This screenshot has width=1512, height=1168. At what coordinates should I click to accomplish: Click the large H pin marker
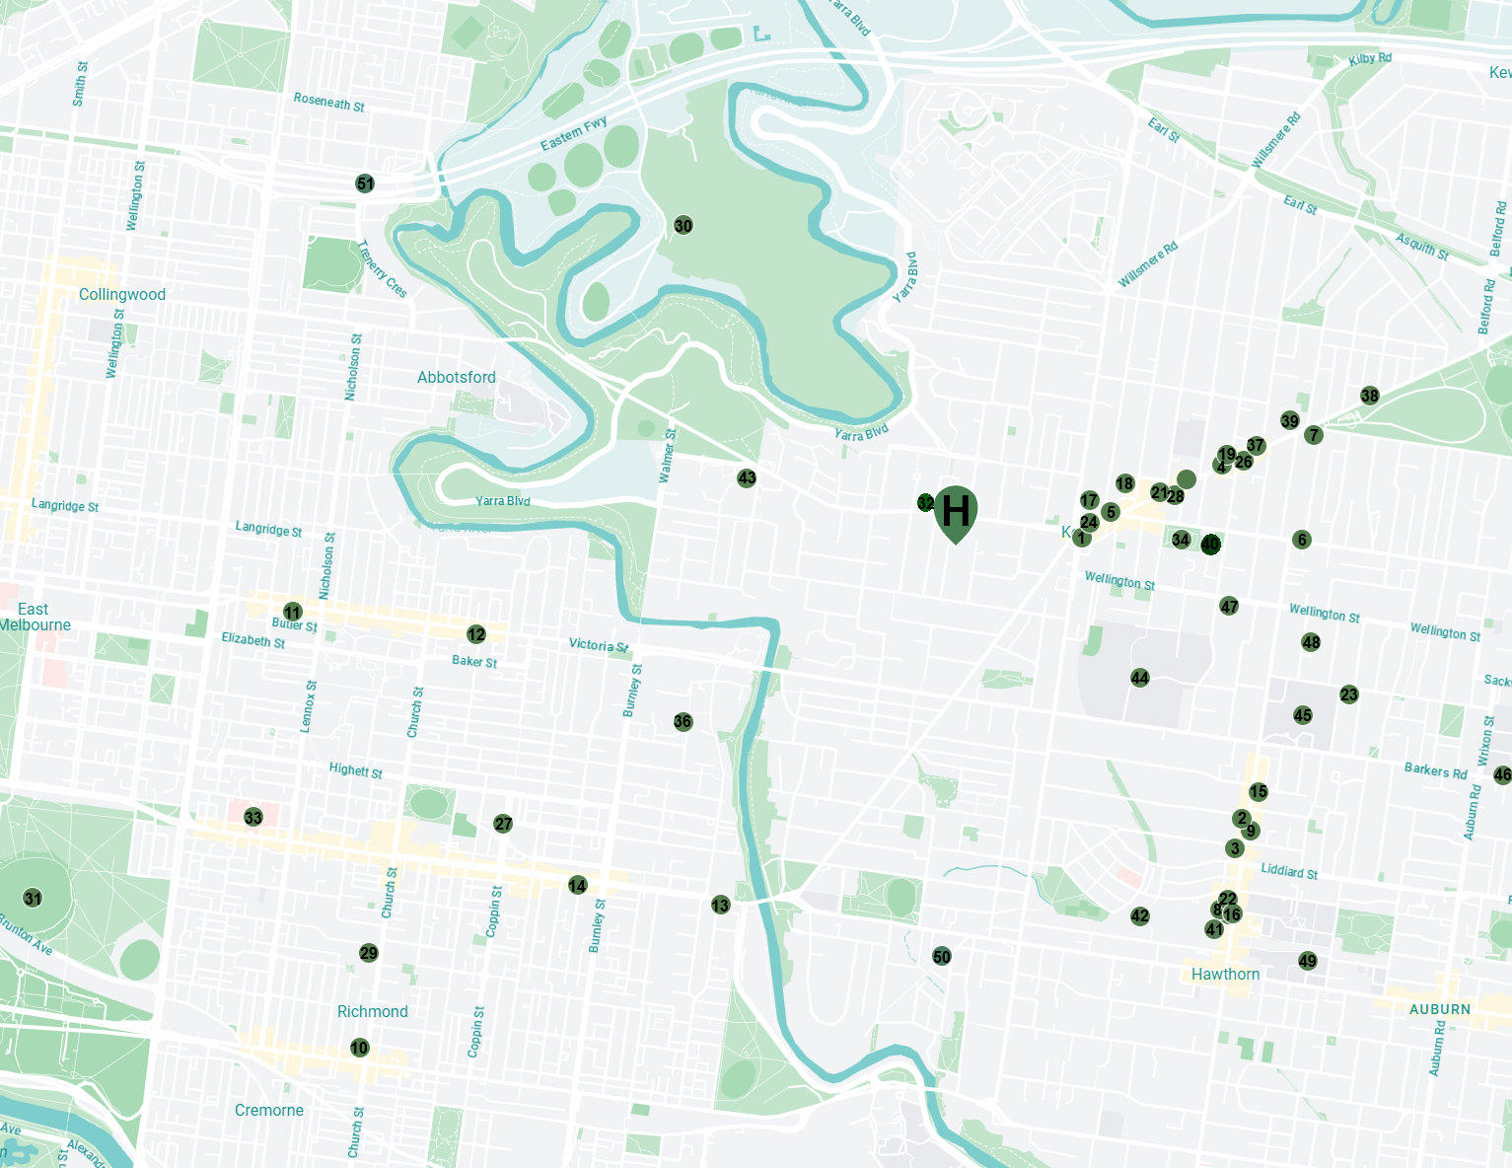[x=955, y=511]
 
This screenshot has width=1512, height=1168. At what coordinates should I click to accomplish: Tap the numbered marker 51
[x=365, y=183]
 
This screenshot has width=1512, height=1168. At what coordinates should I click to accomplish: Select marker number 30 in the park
[x=684, y=226]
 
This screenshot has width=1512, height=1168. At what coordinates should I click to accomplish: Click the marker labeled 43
[x=747, y=478]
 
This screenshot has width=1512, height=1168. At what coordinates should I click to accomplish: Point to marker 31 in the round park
[x=34, y=899]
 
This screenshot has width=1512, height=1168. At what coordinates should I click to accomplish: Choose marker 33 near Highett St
[x=253, y=818]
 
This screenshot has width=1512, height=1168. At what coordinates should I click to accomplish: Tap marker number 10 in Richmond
[x=359, y=1048]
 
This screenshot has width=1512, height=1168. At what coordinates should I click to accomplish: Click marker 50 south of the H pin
[x=942, y=957]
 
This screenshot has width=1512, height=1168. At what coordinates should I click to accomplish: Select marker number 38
[x=1370, y=397]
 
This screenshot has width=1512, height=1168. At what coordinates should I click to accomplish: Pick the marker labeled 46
[x=1502, y=775]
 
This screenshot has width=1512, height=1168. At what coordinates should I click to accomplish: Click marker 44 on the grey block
[x=1140, y=678]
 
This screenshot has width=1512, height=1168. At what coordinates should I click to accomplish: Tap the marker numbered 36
[x=683, y=722]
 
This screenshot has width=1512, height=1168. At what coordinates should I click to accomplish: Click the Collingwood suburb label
[x=122, y=295]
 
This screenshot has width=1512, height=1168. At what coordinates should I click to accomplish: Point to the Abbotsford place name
[x=456, y=378]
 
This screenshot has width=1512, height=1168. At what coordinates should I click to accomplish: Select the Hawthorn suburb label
[x=1225, y=975]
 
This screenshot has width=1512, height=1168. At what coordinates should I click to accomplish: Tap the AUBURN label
[x=1439, y=1009]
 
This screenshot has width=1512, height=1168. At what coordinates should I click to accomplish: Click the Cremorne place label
[x=269, y=1111]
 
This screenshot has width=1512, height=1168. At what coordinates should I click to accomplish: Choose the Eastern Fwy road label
[x=573, y=135]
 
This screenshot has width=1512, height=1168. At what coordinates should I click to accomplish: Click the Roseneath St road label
[x=328, y=102]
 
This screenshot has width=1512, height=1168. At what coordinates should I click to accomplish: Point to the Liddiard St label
[x=1289, y=871]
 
